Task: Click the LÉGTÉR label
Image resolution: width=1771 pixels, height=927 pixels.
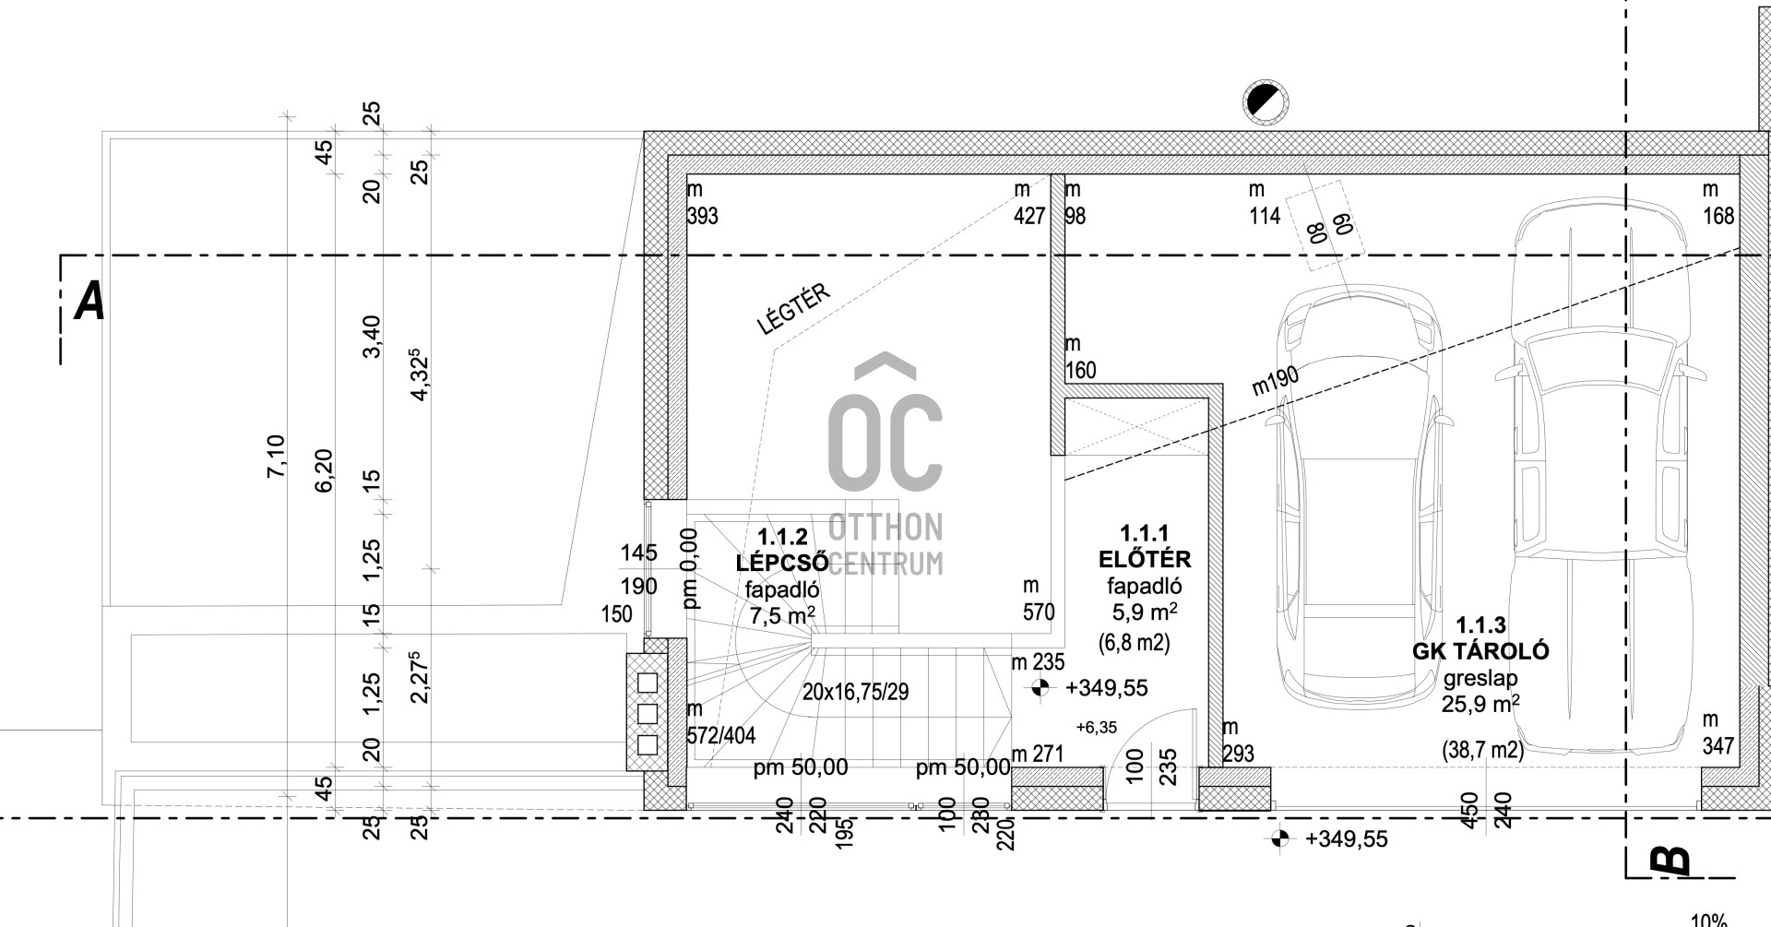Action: (793, 310)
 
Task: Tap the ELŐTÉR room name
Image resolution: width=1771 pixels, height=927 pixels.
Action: (1144, 559)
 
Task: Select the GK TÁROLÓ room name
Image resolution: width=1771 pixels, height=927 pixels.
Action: (1480, 651)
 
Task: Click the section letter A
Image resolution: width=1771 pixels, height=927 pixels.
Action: (89, 302)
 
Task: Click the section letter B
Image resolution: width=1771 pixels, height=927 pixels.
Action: (1669, 860)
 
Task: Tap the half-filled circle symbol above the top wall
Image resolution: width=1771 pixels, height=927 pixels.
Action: (1266, 101)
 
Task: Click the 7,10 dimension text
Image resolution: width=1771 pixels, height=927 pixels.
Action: (276, 456)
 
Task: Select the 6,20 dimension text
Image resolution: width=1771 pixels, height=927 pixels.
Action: (324, 470)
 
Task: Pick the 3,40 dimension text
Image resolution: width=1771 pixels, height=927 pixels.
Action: (371, 337)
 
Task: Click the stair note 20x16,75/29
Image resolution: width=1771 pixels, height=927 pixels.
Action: (855, 691)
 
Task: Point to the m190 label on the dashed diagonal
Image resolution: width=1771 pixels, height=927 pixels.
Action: (1276, 381)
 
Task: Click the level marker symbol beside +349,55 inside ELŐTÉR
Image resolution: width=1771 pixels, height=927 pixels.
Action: (1040, 687)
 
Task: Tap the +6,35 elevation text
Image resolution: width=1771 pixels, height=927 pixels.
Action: (1097, 728)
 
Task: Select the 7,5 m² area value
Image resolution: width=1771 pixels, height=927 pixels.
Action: (782, 615)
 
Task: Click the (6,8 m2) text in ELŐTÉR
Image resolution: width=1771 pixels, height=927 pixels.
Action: (1135, 642)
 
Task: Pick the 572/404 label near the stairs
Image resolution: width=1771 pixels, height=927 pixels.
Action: (721, 735)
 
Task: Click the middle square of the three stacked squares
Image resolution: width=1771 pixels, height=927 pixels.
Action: (648, 713)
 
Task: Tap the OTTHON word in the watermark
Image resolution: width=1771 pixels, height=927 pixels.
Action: (885, 527)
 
